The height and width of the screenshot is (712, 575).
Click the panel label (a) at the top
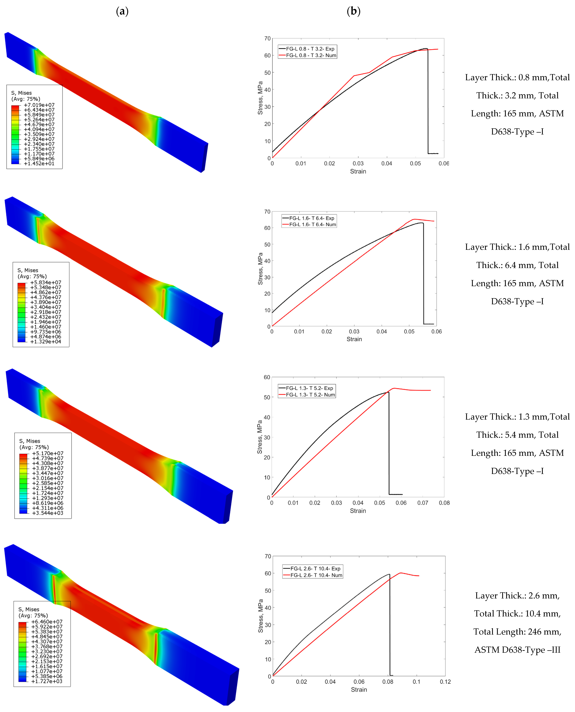(x=122, y=11)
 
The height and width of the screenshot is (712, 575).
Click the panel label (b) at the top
(x=353, y=11)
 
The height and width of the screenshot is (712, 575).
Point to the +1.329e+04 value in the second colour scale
(x=46, y=342)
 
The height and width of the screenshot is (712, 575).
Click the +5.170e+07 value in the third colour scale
(x=48, y=453)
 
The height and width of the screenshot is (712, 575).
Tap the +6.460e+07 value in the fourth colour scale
(x=47, y=622)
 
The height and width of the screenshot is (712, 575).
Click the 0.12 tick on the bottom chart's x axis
(x=445, y=682)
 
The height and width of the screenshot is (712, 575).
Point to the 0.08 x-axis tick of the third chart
(x=444, y=503)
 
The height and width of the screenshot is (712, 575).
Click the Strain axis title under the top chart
(x=358, y=171)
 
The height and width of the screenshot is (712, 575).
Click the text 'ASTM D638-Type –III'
(x=517, y=650)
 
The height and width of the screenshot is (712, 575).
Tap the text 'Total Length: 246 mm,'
(x=517, y=632)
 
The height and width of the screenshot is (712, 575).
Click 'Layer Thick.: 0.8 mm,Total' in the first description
(x=517, y=78)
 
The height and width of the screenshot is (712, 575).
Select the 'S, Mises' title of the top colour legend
(x=22, y=93)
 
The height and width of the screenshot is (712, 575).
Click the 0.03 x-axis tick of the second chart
(x=354, y=331)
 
